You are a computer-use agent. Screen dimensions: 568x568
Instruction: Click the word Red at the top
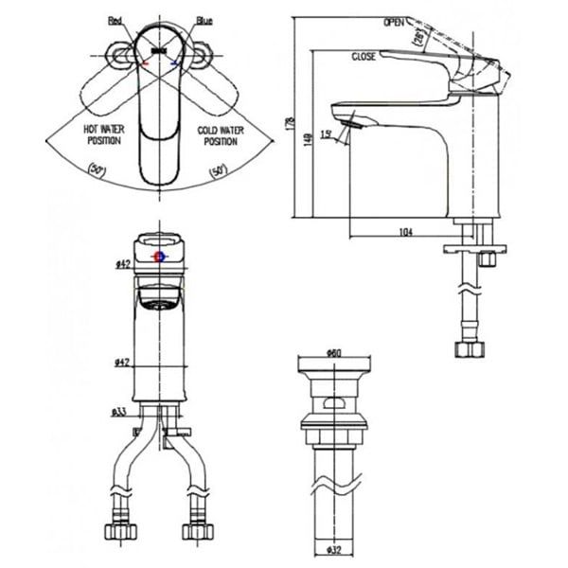[x=115, y=20]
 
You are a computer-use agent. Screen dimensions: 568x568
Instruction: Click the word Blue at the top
[x=204, y=20]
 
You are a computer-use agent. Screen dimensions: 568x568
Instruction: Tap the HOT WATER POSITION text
[x=103, y=136]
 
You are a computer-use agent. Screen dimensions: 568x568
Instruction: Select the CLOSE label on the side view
[x=364, y=57]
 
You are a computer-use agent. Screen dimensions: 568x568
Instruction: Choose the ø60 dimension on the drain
[x=332, y=353]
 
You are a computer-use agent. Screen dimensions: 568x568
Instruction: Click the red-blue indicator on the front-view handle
[x=158, y=257]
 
